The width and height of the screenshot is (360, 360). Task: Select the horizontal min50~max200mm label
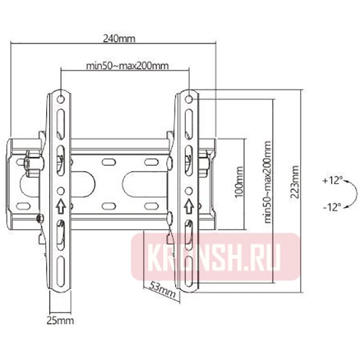click(x=126, y=65)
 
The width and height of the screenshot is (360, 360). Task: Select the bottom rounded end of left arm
click(x=61, y=287)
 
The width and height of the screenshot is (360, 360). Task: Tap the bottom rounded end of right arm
click(x=188, y=287)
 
